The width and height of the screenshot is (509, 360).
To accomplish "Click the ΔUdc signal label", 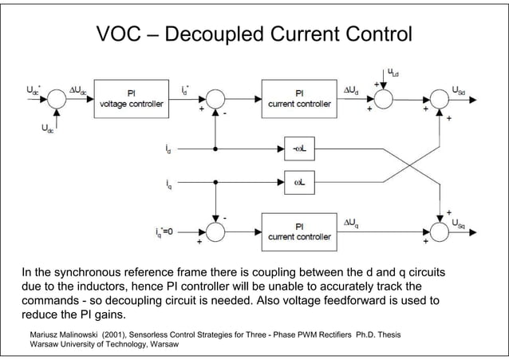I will point(77,91).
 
